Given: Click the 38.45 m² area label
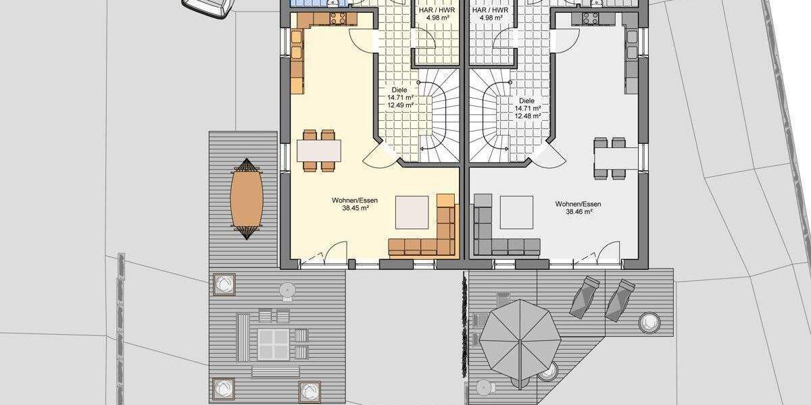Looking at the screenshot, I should point(355,209).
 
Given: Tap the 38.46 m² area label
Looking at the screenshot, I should point(579,212).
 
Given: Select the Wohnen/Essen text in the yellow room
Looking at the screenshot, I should point(355,200).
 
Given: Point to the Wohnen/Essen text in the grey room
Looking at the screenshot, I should point(579,204).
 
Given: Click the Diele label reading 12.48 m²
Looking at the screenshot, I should point(528,116).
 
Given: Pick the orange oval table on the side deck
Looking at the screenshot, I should point(246,198).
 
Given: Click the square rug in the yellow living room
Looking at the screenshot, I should point(412,212).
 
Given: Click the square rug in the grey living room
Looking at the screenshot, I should point(517,212).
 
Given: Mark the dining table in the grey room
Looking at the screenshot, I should point(616,157).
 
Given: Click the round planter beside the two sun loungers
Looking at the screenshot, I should point(649,322).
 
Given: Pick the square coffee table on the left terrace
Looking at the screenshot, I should point(273,344).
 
